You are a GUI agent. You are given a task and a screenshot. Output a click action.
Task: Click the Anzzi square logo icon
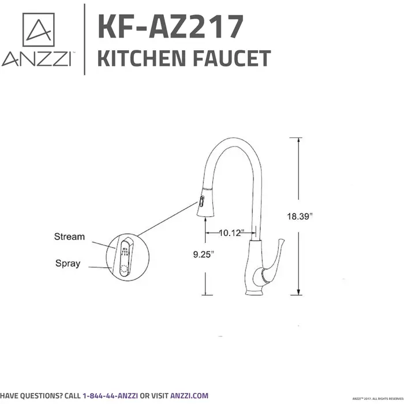click(x=38, y=30)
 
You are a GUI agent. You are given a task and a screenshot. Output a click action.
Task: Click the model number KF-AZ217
click(x=171, y=27)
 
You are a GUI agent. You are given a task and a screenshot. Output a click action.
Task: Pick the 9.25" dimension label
click(x=205, y=252)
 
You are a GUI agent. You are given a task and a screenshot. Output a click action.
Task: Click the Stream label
click(x=69, y=237)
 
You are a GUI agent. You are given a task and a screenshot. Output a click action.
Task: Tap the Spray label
click(x=68, y=264)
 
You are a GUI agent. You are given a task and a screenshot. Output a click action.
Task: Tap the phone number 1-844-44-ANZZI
click(x=118, y=396)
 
